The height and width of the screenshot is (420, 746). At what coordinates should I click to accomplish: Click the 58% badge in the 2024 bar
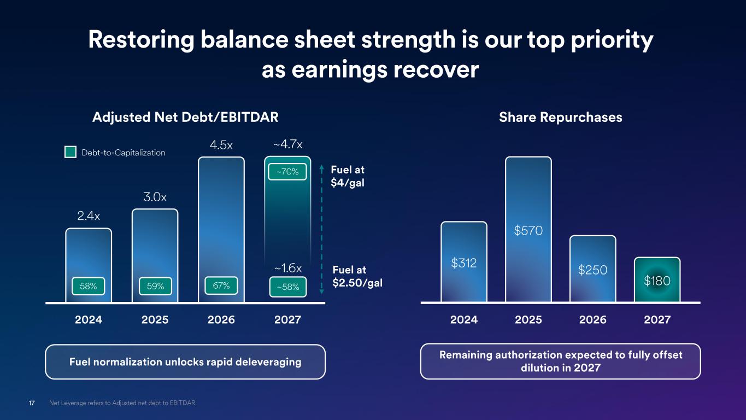[88, 286]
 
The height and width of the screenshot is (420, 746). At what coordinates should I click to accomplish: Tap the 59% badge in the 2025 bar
[155, 286]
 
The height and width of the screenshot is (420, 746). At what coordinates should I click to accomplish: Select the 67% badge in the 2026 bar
[221, 285]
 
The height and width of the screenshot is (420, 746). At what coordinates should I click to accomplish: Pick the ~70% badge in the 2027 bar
[287, 172]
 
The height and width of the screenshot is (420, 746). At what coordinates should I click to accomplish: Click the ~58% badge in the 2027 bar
[287, 287]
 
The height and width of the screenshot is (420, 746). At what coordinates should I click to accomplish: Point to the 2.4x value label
[89, 216]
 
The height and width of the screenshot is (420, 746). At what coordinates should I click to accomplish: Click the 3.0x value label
[155, 197]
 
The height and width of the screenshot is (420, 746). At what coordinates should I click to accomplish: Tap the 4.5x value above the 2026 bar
[221, 145]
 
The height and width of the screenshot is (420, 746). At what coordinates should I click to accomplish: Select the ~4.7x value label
[287, 144]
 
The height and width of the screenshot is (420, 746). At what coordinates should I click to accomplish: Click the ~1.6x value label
[288, 267]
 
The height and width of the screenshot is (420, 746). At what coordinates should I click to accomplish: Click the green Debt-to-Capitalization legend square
[71, 152]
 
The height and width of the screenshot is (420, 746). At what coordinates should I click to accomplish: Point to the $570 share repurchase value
[528, 230]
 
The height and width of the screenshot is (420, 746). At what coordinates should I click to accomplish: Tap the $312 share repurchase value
[464, 263]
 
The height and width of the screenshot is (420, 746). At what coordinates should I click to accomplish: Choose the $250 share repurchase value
[593, 270]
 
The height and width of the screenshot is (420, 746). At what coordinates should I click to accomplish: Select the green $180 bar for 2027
[657, 279]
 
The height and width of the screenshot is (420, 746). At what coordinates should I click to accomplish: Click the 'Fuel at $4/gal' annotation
[348, 176]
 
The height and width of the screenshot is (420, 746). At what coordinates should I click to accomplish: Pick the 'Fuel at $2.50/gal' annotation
[357, 276]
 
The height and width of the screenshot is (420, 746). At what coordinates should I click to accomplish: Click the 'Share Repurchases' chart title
[561, 118]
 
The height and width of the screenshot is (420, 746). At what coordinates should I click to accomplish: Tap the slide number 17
[32, 403]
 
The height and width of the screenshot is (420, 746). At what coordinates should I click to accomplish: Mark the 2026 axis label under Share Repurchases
[593, 320]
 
